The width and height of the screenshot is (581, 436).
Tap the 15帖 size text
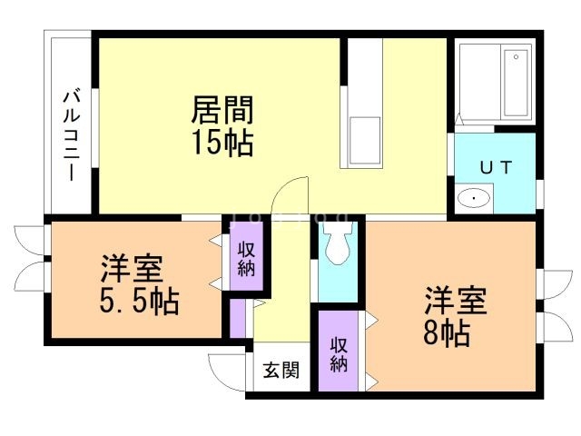click(x=222, y=142)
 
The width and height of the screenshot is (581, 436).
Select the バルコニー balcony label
click(x=70, y=134)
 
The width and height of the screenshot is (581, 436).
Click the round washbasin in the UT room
click(x=474, y=198)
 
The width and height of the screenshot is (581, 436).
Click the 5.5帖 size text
click(x=139, y=300)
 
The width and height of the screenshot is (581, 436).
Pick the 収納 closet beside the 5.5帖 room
click(x=245, y=259)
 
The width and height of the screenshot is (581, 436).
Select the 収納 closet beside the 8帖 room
click(x=339, y=353)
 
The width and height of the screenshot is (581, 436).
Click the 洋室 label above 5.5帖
click(x=131, y=269)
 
